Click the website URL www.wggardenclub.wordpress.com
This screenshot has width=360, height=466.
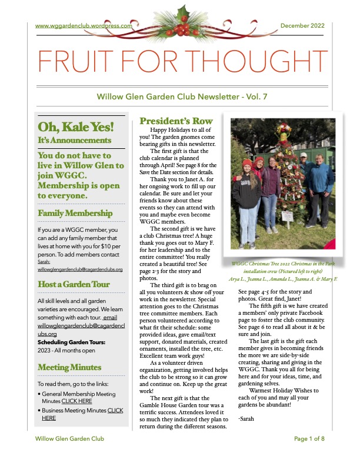(x=81, y=26)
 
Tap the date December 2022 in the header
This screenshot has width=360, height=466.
(x=303, y=26)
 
